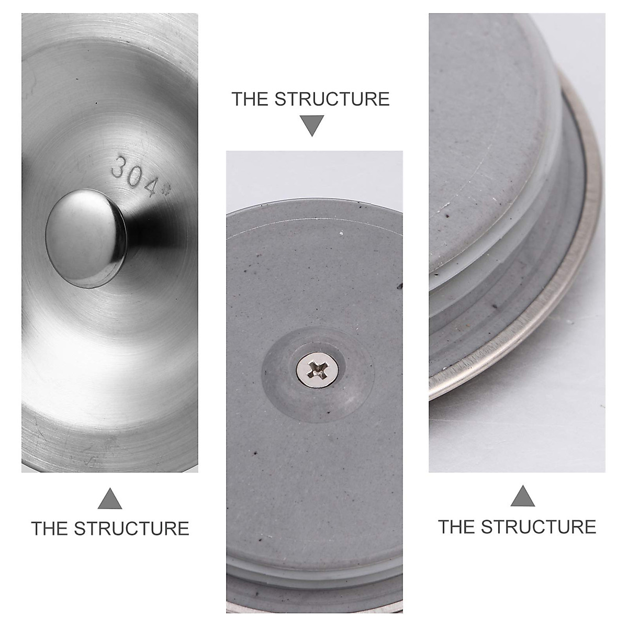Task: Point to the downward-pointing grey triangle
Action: coord(312,126)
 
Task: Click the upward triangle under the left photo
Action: coord(110,499)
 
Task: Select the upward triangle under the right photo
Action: coord(522,496)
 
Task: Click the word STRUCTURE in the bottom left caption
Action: coord(131,528)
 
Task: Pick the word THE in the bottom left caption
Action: coord(50,528)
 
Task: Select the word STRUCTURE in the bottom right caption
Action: coord(539,526)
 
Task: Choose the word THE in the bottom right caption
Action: coord(457,526)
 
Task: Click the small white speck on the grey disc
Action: coord(341,232)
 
